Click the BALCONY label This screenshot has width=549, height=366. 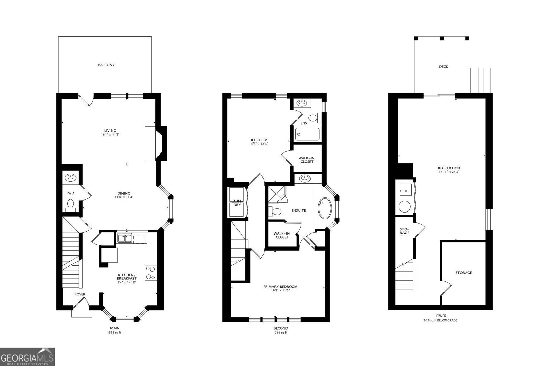(106, 65)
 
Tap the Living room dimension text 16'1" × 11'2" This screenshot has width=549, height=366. (110, 135)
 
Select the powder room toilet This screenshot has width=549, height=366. (71, 204)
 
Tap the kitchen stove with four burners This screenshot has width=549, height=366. (151, 273)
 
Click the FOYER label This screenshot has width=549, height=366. (80, 294)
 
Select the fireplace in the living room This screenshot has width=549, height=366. (156, 144)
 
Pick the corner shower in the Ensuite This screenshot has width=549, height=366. (277, 195)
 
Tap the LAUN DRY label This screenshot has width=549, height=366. (236, 203)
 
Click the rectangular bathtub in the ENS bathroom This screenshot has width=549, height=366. (307, 134)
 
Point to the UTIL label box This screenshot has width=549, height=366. (404, 191)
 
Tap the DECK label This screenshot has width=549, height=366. (443, 67)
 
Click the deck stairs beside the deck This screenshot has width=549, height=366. (480, 80)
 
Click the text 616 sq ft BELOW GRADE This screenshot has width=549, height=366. (440, 320)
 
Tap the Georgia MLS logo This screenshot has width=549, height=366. (27, 357)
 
